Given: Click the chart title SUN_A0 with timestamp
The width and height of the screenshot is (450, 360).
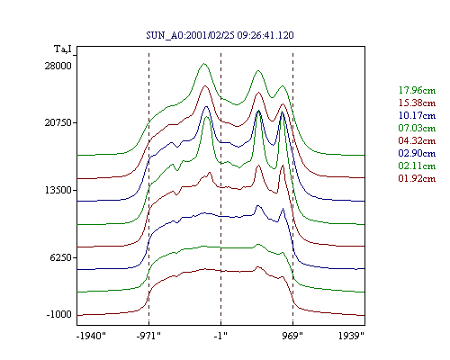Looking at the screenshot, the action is pyautogui.click(x=220, y=35).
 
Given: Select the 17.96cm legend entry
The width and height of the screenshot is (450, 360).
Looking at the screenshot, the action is pyautogui.click(x=417, y=90).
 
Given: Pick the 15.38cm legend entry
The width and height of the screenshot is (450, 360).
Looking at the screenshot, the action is pyautogui.click(x=417, y=103).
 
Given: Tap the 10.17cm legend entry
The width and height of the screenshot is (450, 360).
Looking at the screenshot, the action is pyautogui.click(x=417, y=115).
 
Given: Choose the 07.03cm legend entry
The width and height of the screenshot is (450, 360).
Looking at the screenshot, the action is pyautogui.click(x=417, y=128).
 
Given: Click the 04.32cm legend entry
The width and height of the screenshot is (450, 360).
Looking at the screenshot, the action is pyautogui.click(x=417, y=140).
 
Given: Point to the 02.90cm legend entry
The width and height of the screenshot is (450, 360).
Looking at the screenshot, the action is pyautogui.click(x=417, y=153).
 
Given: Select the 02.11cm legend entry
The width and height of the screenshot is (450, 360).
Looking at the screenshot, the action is pyautogui.click(x=417, y=166).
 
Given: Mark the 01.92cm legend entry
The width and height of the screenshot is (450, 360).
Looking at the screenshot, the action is pyautogui.click(x=417, y=178).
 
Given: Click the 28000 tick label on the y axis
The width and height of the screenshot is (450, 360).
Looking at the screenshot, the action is pyautogui.click(x=58, y=66).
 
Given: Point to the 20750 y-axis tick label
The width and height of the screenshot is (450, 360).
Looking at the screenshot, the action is pyautogui.click(x=58, y=122).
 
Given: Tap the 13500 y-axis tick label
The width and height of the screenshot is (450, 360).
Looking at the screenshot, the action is pyautogui.click(x=58, y=190).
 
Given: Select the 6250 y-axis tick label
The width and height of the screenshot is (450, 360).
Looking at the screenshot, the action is pyautogui.click(x=61, y=257).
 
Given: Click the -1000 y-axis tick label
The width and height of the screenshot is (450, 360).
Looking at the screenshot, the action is pyautogui.click(x=59, y=314).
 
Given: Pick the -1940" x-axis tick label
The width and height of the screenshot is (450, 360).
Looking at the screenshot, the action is pyautogui.click(x=91, y=336).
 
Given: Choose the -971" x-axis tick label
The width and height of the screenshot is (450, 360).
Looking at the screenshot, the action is pyautogui.click(x=148, y=336).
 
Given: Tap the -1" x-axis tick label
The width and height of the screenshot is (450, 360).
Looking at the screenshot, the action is pyautogui.click(x=220, y=336).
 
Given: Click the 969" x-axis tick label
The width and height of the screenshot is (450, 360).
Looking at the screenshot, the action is pyautogui.click(x=292, y=336).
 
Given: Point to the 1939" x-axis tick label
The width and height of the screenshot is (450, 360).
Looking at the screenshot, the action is pyautogui.click(x=351, y=336).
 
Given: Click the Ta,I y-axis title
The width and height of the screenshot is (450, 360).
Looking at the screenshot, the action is pyautogui.click(x=63, y=49).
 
